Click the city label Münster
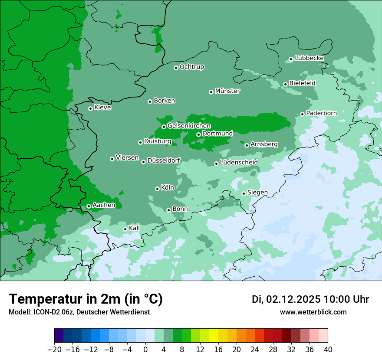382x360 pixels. pos(227,91)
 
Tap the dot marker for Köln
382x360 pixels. pos(157,189)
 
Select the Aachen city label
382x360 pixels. pos(104,205)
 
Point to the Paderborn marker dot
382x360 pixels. pos(303,114)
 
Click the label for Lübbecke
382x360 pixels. pos(309,58)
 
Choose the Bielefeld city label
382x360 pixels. pos(302,83)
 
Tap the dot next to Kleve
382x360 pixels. pos(90,108)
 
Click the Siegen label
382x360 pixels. pos(257,193)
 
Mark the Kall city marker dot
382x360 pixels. pos(125,229)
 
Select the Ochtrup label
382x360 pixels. pos(192,67)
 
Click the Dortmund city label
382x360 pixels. pos(217,134)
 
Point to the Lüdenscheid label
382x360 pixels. pos(239,163)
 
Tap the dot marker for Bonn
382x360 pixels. pos(169,210)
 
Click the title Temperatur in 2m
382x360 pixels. pos(86,299)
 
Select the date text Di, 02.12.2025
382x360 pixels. pos(286,299)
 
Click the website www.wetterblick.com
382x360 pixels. pos(313,312)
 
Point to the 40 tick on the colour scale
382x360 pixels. pos(328,350)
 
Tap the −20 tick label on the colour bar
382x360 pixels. pos(54,350)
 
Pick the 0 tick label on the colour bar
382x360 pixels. pos(145,350)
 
